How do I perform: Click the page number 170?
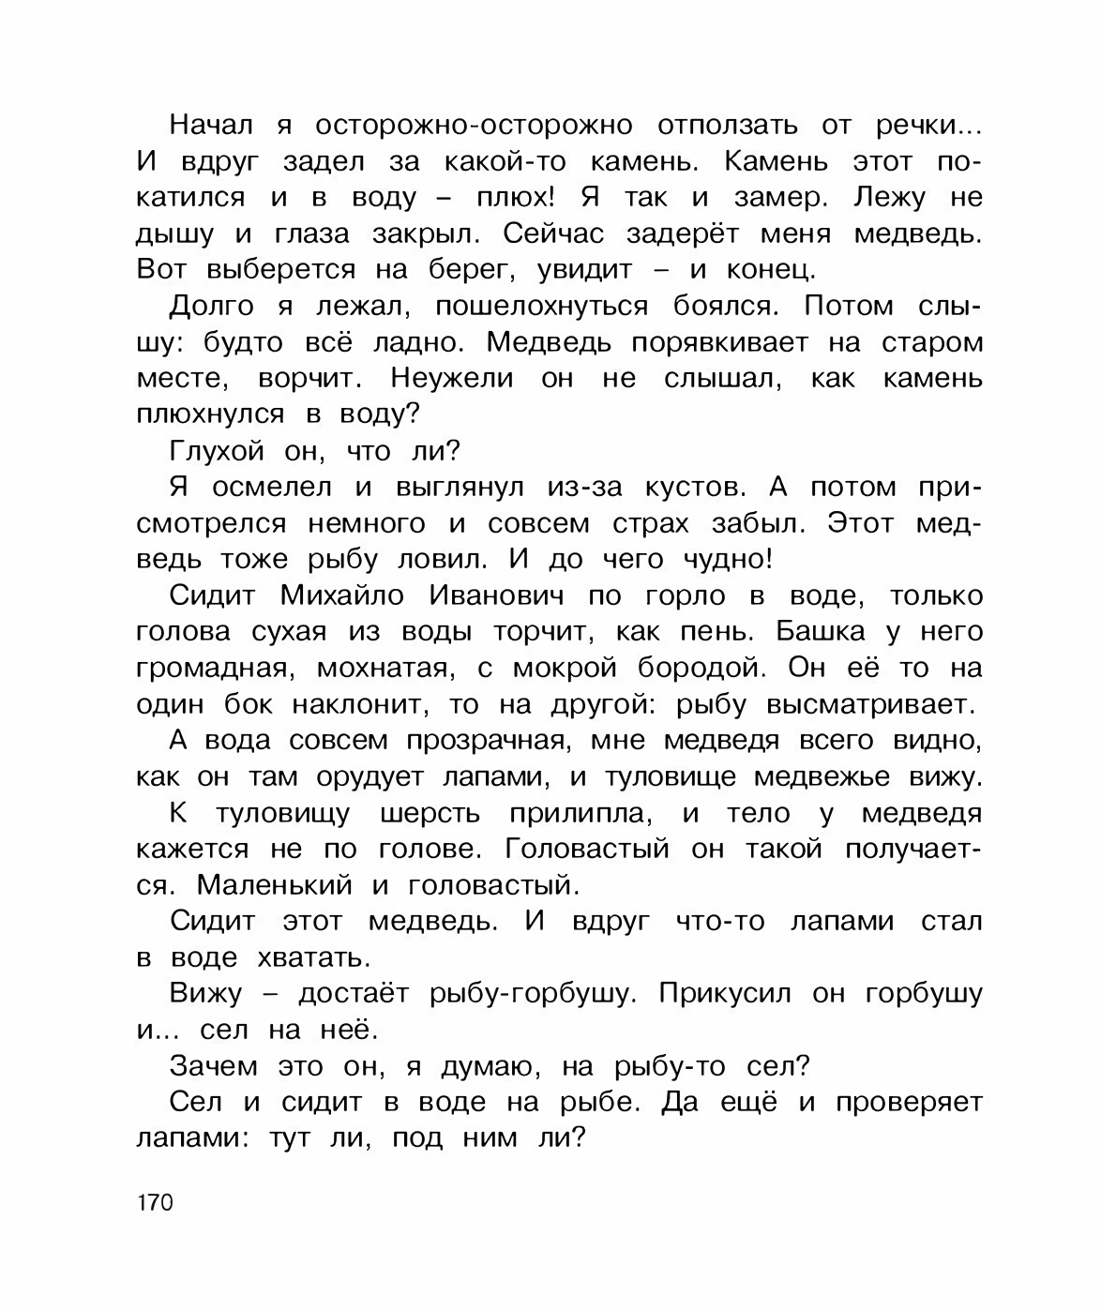155,1202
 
